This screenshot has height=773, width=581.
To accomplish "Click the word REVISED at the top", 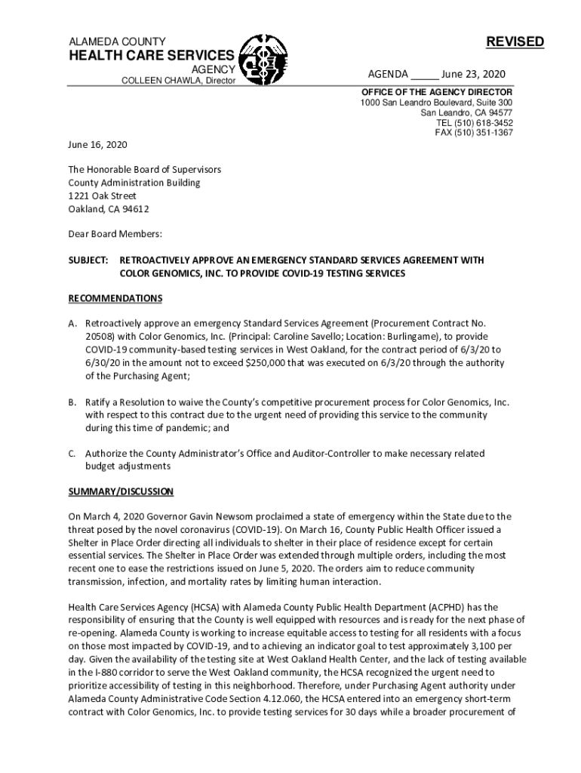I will [x=515, y=42].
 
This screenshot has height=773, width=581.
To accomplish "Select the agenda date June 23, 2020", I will [x=473, y=74].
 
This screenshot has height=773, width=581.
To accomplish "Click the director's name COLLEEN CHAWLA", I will [x=155, y=81].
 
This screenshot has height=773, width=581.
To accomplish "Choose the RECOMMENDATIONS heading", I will [x=115, y=298].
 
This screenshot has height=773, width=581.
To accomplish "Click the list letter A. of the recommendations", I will [x=72, y=324].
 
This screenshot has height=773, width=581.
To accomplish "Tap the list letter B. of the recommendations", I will [x=72, y=402].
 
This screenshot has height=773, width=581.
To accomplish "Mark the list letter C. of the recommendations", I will [x=72, y=454].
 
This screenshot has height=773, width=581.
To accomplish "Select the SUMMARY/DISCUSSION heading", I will [x=121, y=491].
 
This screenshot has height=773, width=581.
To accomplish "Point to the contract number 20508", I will [x=99, y=337].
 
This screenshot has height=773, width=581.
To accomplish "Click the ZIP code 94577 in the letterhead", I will [x=498, y=112].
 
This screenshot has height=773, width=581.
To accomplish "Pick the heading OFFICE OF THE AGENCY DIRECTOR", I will [x=436, y=92].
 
